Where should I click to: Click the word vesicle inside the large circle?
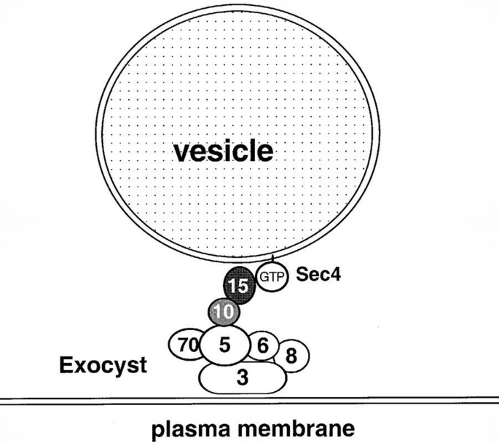point(222,152)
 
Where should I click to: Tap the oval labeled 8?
point(291,355)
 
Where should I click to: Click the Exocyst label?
point(102,365)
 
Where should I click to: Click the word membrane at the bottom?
point(297,428)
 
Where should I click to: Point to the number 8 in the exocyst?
point(291,356)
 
